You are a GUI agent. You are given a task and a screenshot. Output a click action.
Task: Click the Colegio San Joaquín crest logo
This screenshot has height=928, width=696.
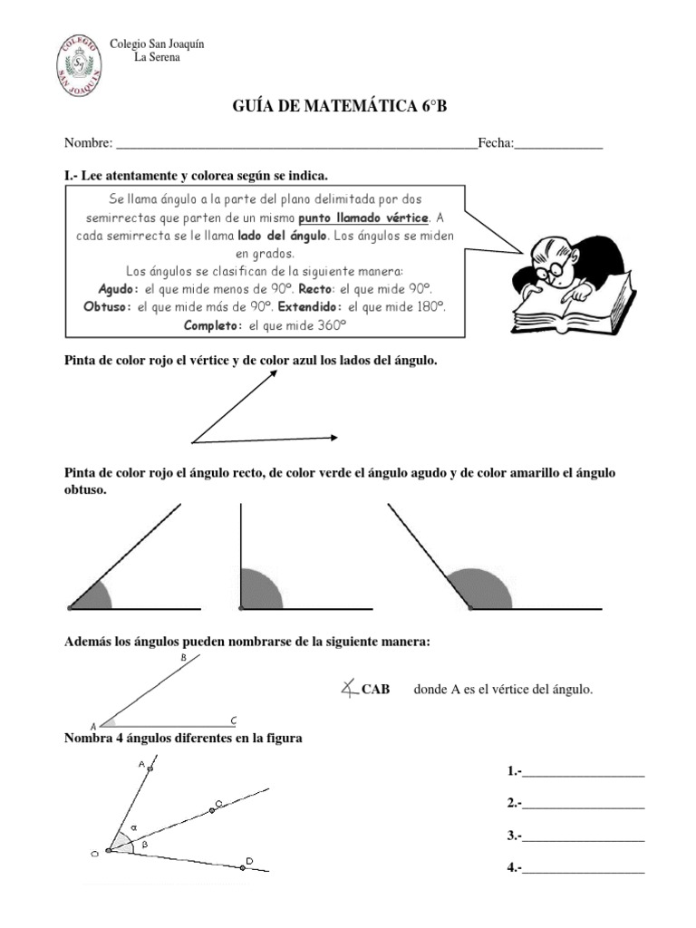[x=77, y=65]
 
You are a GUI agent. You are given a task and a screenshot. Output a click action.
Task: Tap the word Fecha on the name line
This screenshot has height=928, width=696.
[x=495, y=143]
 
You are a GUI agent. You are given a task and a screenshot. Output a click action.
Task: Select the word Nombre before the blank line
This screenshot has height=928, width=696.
[x=88, y=143]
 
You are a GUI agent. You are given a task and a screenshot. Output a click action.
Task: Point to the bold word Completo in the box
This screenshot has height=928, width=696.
[x=213, y=324]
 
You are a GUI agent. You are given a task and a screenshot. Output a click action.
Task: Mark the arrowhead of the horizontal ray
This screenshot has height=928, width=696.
[x=334, y=439]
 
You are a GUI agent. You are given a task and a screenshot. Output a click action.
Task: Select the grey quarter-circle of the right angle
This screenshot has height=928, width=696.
[x=258, y=589]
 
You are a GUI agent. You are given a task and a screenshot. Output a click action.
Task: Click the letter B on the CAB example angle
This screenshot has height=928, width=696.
[x=183, y=659]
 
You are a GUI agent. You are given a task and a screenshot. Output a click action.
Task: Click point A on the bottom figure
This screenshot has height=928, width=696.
[x=150, y=768]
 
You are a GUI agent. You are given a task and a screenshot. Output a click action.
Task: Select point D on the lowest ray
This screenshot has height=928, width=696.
[x=243, y=866]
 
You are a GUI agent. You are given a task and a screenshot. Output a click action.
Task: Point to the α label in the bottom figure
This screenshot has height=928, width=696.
[x=133, y=827]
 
